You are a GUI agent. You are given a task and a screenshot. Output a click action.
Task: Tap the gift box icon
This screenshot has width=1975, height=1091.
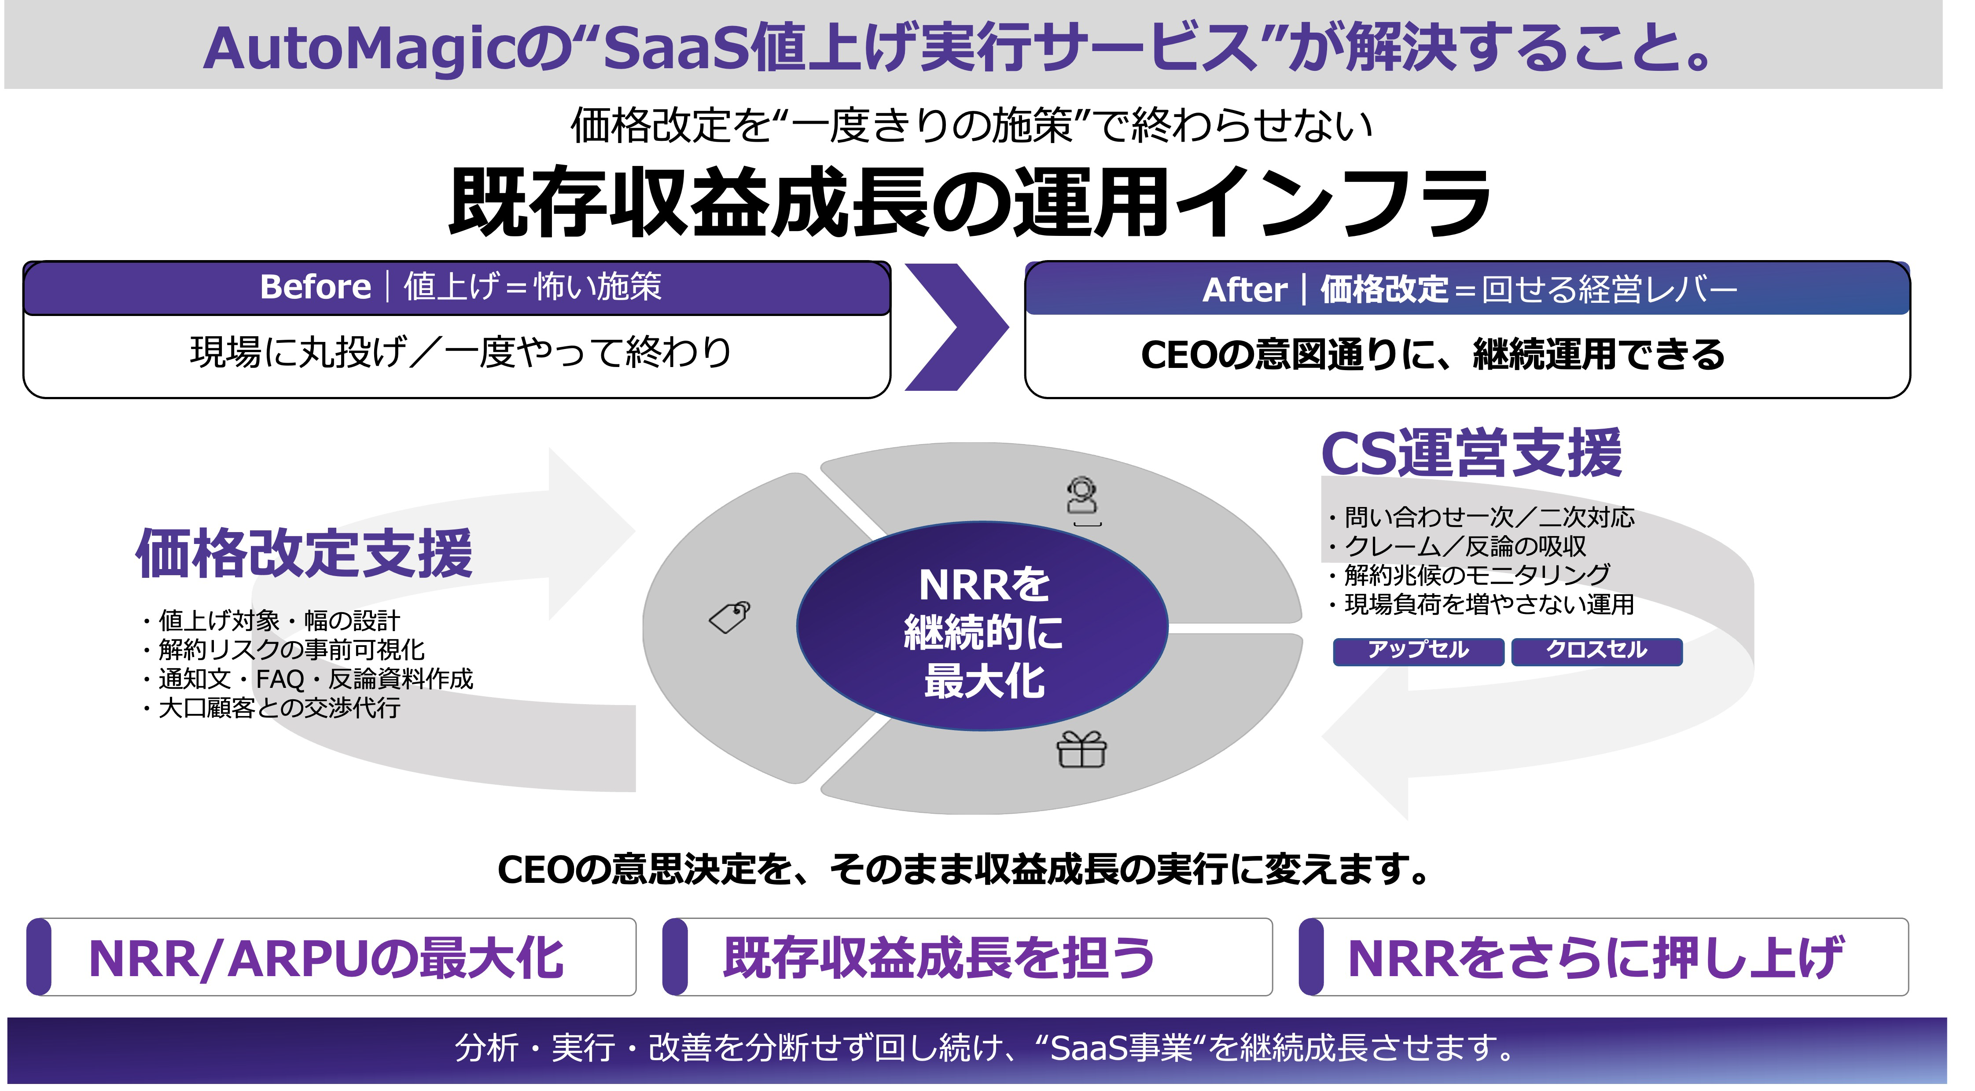pyautogui.click(x=1081, y=750)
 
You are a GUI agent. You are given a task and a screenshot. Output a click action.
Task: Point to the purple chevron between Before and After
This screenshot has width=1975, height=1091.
pyautogui.click(x=955, y=327)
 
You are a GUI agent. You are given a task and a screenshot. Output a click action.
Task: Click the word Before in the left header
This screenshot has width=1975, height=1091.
pyautogui.click(x=315, y=287)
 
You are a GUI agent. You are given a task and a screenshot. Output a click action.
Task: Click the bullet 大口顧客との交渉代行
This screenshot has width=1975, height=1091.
pyautogui.click(x=278, y=708)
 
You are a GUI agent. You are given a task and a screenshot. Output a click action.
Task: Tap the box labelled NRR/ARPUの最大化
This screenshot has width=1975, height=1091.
pyautogui.click(x=331, y=958)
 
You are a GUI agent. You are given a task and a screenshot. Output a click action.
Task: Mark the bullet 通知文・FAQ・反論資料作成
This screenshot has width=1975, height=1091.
pyautogui.click(x=315, y=679)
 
